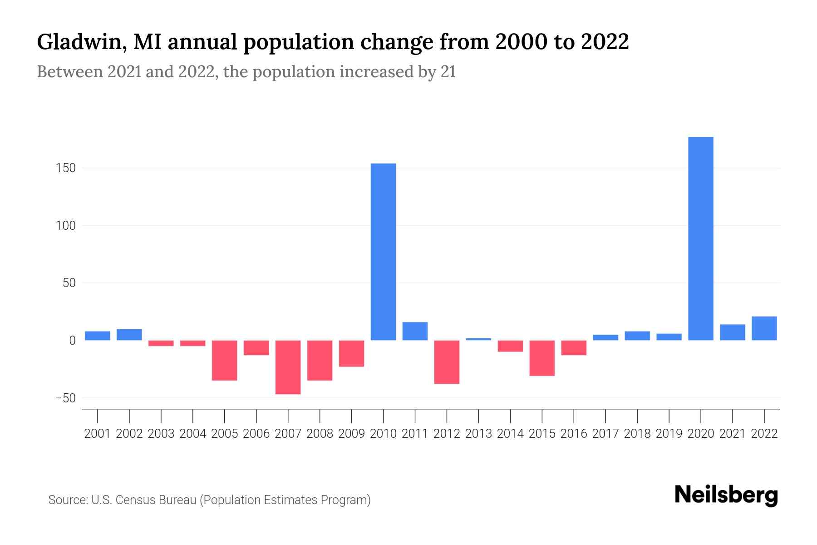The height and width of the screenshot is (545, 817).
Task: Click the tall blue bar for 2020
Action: coord(700,238)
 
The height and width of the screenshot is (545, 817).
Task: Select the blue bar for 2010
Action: coord(383,252)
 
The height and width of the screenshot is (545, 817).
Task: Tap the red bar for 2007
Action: coord(288,367)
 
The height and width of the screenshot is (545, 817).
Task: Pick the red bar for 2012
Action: coord(447,362)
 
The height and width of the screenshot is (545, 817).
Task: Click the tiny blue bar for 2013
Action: coord(478,339)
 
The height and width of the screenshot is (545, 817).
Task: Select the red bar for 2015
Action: coord(542,358)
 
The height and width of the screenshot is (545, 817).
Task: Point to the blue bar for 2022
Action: coord(764,328)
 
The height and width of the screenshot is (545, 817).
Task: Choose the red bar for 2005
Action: coord(224,360)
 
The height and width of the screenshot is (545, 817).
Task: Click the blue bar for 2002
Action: coord(129,334)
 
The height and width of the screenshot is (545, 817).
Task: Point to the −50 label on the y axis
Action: coord(65,398)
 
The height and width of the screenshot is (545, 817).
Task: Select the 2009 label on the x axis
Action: coord(351,434)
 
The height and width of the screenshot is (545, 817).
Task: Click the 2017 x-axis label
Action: coord(605,434)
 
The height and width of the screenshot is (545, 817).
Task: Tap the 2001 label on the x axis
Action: coord(98,434)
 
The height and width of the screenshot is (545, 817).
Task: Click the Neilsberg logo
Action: coord(726,495)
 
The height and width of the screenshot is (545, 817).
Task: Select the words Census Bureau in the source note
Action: coord(156,500)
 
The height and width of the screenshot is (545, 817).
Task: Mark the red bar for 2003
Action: coord(161,343)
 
